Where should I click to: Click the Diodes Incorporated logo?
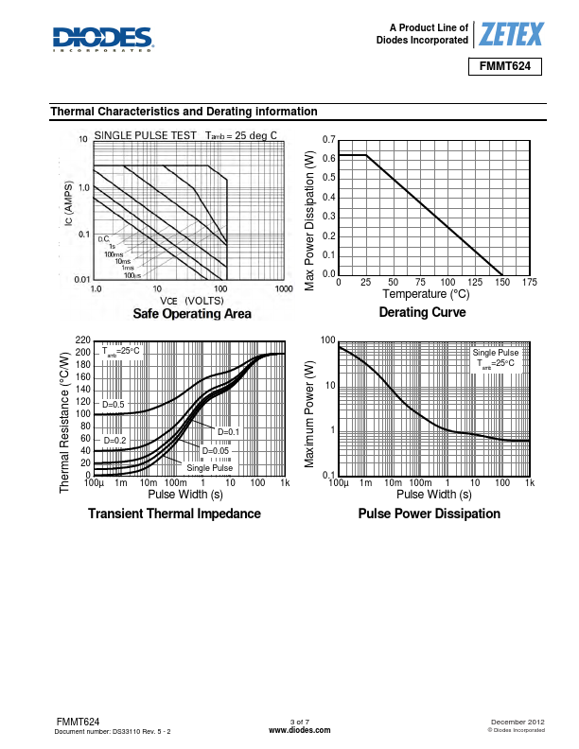click(x=103, y=39)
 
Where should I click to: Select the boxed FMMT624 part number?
click(x=505, y=68)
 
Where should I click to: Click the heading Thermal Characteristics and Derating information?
click(x=184, y=112)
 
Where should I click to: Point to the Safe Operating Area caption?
click(x=192, y=314)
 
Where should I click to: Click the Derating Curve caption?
click(x=422, y=313)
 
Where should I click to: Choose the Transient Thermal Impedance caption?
click(x=174, y=514)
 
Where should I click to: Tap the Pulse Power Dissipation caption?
click(x=429, y=514)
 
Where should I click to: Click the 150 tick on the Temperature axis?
click(x=501, y=283)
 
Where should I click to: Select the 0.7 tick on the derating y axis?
click(x=329, y=140)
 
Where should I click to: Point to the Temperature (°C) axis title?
click(x=426, y=294)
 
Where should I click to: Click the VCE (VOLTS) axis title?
click(x=191, y=300)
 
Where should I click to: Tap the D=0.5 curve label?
click(x=114, y=405)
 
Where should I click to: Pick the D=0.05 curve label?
click(x=216, y=450)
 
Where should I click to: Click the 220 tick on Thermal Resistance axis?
click(x=81, y=340)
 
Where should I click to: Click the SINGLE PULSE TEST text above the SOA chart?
click(x=145, y=135)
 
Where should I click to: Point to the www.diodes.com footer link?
click(x=300, y=731)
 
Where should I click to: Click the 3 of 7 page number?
click(x=300, y=723)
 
